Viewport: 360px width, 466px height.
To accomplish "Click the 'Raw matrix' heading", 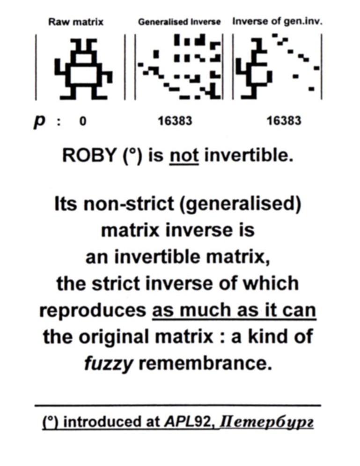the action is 76,22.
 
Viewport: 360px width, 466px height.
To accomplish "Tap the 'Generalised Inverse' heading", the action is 179,22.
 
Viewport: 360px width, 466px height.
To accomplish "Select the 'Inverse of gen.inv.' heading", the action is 277,22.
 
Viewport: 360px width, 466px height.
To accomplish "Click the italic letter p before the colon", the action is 40,122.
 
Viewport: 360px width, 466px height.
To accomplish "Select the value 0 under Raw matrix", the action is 83,121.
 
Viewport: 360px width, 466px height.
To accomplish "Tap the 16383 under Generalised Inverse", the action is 175,121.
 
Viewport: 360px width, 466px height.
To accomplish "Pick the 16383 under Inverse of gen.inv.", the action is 284,121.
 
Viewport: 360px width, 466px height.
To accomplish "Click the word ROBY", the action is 89,155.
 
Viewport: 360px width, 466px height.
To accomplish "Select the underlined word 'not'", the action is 184,156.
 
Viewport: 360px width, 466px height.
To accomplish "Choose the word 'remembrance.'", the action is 206,363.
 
